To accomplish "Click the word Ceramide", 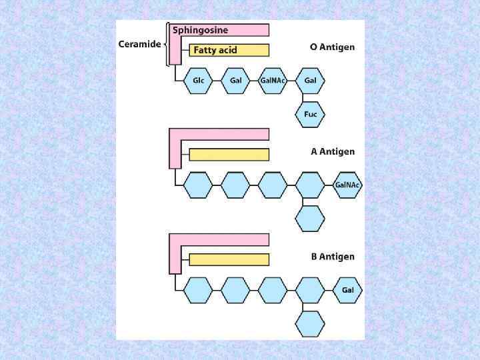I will [139, 45].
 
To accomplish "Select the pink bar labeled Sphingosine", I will [220, 30].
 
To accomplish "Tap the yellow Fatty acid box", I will [229, 50].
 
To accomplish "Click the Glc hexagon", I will [198, 81].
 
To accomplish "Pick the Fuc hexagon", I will [310, 114].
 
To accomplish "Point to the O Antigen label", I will [333, 47].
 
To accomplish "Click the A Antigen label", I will [333, 151].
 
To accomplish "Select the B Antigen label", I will [333, 256].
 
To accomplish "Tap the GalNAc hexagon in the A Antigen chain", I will [347, 185].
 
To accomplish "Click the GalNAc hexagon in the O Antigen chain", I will [273, 81].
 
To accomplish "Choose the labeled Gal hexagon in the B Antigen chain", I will [347, 291].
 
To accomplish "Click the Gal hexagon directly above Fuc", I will [310, 81].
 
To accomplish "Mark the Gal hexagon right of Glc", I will [235, 81].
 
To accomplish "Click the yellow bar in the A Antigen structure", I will [229, 155].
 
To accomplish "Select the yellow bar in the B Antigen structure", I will [229, 259].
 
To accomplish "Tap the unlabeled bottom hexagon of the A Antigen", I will [310, 218].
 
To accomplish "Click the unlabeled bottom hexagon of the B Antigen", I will [310, 323].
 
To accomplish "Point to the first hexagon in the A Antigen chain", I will [198, 185].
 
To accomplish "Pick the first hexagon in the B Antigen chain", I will [198, 291].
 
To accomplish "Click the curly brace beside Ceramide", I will [165, 45].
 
